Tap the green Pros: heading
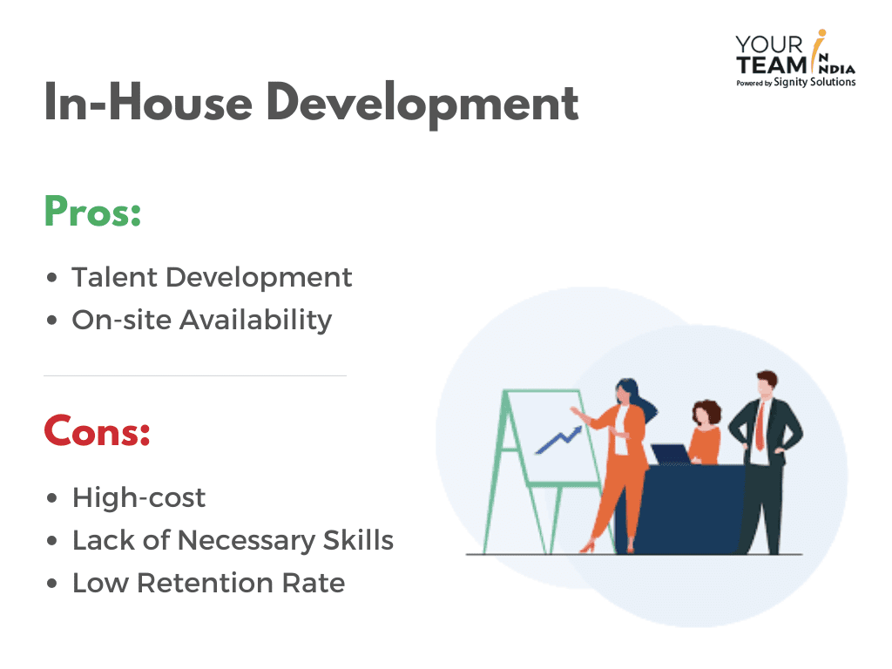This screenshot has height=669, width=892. pos(92,212)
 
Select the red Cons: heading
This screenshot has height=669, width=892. pos(98,431)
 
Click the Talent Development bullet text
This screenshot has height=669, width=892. pos(212,278)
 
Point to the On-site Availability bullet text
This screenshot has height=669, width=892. pos(201,321)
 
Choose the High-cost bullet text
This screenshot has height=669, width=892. pos(139,497)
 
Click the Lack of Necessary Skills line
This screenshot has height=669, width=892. pos(233,540)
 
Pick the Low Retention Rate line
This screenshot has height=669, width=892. pos(208,583)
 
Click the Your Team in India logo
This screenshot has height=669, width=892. pos(796,59)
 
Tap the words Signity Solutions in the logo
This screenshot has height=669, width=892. pos(814,82)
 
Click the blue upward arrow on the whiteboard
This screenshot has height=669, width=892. pos(558,440)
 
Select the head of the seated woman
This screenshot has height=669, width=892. pos(706,413)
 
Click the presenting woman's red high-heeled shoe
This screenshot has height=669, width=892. pos(588,547)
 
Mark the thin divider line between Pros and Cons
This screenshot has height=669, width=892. pos(195,375)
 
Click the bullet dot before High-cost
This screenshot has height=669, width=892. pos(52,498)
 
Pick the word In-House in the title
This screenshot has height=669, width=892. pos(148,103)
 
